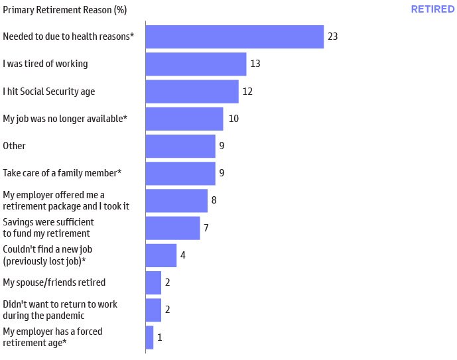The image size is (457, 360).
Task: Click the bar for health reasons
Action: coord(234,36)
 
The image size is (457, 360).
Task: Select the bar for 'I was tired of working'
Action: coord(196,64)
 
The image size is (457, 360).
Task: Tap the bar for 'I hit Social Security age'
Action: coord(192,91)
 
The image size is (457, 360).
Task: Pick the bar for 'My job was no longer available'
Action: coord(184,119)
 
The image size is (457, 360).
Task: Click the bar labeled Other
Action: coord(180,146)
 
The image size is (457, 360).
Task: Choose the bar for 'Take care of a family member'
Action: coord(180,173)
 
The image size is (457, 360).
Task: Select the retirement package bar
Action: coord(176,200)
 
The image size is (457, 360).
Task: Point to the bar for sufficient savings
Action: coord(172,227)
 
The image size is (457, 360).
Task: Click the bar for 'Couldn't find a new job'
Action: coord(161,255)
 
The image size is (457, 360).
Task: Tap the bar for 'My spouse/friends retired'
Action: coord(153,282)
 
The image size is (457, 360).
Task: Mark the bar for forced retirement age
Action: coord(149,337)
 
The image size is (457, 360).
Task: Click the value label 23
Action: coord(333,36)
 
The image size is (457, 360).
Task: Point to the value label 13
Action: coord(255,64)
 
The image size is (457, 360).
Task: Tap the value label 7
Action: coord(206,227)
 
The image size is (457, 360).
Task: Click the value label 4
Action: coord(183,255)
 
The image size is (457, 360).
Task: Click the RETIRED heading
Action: coord(432,9)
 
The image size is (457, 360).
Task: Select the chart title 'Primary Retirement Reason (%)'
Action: coord(65,10)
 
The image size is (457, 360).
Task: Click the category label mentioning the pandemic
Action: coord(60,310)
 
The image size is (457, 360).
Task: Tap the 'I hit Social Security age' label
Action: coord(49,91)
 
